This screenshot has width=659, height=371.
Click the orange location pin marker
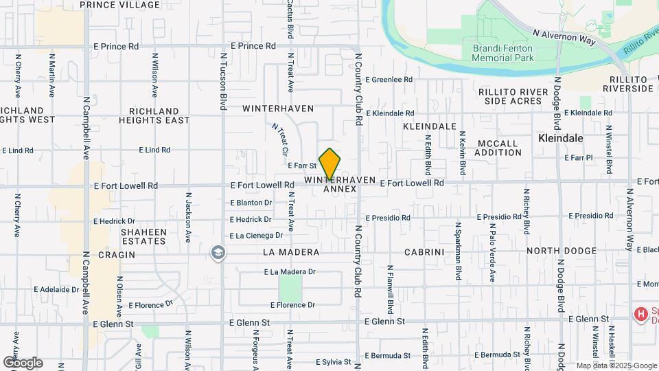tap(330, 164)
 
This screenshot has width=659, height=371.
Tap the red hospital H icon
tap(641, 315)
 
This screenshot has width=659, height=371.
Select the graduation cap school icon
tap(218, 253)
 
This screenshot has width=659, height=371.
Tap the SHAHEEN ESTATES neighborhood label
tap(143, 236)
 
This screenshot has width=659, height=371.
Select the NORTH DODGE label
tap(562, 251)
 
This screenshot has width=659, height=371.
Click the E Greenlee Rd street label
tap(389, 80)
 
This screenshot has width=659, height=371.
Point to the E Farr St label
tap(302, 166)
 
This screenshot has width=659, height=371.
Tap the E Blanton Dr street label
tap(251, 203)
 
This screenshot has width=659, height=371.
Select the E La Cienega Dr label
tap(256, 236)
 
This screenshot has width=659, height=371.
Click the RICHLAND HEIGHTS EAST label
tap(154, 115)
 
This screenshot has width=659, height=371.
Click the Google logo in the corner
tap(23, 362)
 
